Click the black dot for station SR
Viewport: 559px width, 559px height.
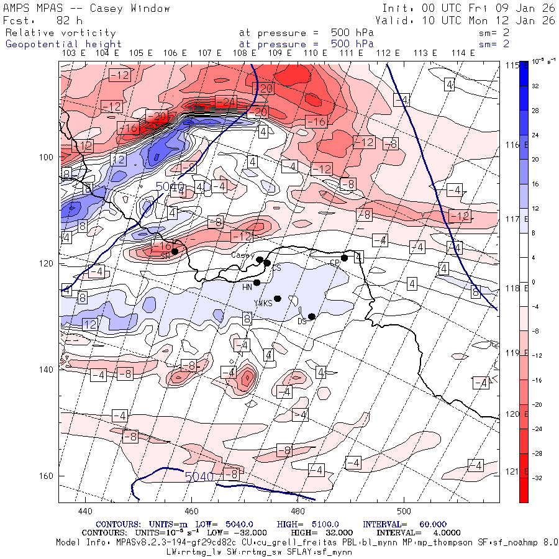point(175,252)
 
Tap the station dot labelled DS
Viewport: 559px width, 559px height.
point(312,317)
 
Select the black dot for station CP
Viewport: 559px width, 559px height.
point(344,258)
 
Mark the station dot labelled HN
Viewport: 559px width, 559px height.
point(257,283)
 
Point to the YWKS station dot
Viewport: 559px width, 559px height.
point(278,299)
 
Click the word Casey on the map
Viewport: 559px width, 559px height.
point(242,255)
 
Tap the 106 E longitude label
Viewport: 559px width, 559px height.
point(175,53)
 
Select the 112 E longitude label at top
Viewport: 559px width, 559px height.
point(387,53)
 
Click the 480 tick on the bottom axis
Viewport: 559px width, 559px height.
point(298,511)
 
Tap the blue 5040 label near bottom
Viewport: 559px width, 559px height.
point(199,476)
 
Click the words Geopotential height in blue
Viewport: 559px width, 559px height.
point(63,44)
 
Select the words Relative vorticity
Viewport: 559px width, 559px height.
point(60,33)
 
